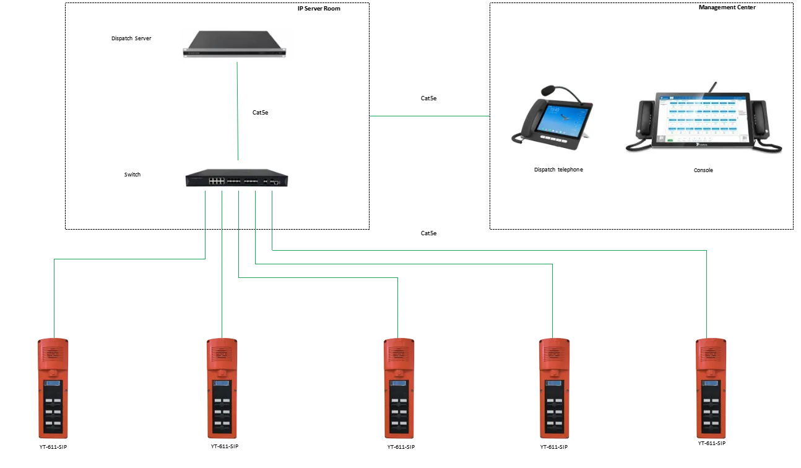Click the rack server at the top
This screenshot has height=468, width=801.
(x=237, y=45)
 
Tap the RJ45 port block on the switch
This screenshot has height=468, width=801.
(x=216, y=181)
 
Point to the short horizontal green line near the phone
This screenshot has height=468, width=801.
(x=428, y=116)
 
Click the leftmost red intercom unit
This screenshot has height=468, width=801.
(x=53, y=388)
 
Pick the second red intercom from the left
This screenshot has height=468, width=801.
(x=221, y=388)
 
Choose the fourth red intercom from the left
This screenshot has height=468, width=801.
(x=553, y=388)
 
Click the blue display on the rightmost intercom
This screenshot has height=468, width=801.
(x=710, y=383)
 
